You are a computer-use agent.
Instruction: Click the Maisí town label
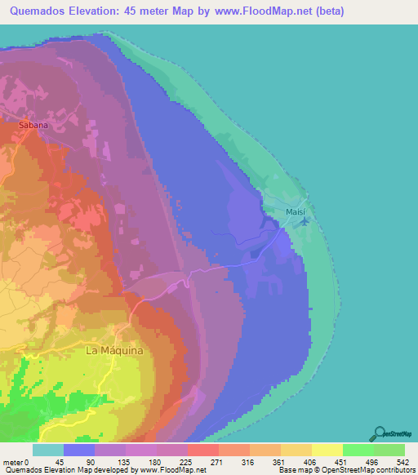pyautogui.click(x=295, y=212)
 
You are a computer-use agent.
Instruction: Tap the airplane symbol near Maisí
pyautogui.click(x=305, y=220)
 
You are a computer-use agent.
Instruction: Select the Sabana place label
pyautogui.click(x=34, y=126)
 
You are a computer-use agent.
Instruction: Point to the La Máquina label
pyautogui.click(x=114, y=350)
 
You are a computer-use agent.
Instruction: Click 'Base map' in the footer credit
pyautogui.click(x=291, y=470)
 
